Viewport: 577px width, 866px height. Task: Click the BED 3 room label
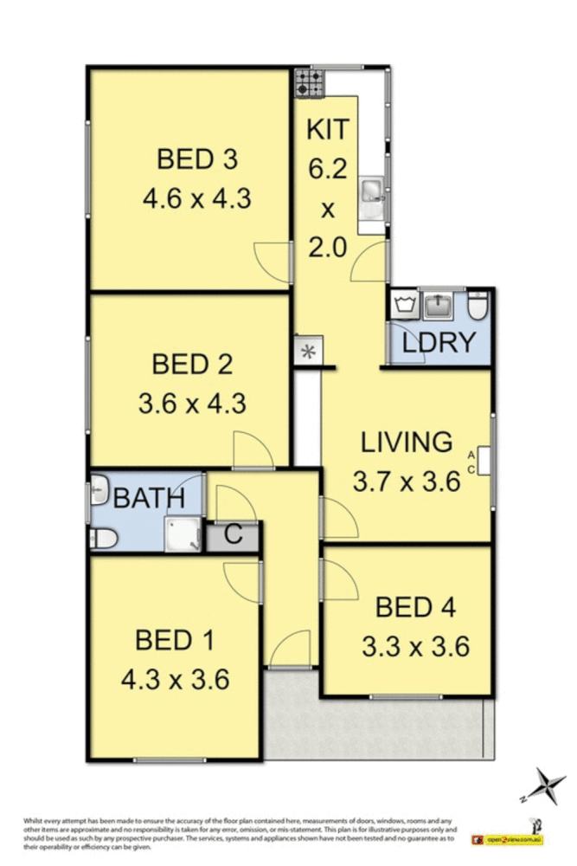196,159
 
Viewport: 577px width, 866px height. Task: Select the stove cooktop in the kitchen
308,83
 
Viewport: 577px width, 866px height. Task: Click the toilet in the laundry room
478,306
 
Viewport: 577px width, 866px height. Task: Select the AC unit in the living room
484,460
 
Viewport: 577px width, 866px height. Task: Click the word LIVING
406,442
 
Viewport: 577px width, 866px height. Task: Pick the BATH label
150,498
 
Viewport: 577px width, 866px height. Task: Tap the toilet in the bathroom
104,539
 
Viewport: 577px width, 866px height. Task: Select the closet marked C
233,535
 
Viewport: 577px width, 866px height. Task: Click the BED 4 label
414,607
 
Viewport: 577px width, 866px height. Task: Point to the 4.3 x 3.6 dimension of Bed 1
175,679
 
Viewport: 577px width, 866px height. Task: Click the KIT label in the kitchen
328,130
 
